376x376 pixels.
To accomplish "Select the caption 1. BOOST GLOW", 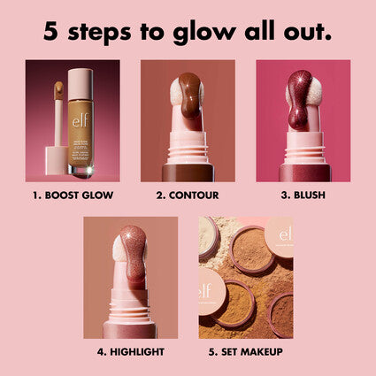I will point(73,195).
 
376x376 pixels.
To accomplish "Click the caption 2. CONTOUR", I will point(188,195).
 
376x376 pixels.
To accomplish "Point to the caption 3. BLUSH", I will point(303,195).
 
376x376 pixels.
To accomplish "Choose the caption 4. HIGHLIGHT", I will point(131,351).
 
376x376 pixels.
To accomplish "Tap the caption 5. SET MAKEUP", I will point(246,351).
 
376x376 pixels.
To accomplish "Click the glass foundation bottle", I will point(82,124).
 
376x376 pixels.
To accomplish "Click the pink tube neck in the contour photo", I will point(187,150).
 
